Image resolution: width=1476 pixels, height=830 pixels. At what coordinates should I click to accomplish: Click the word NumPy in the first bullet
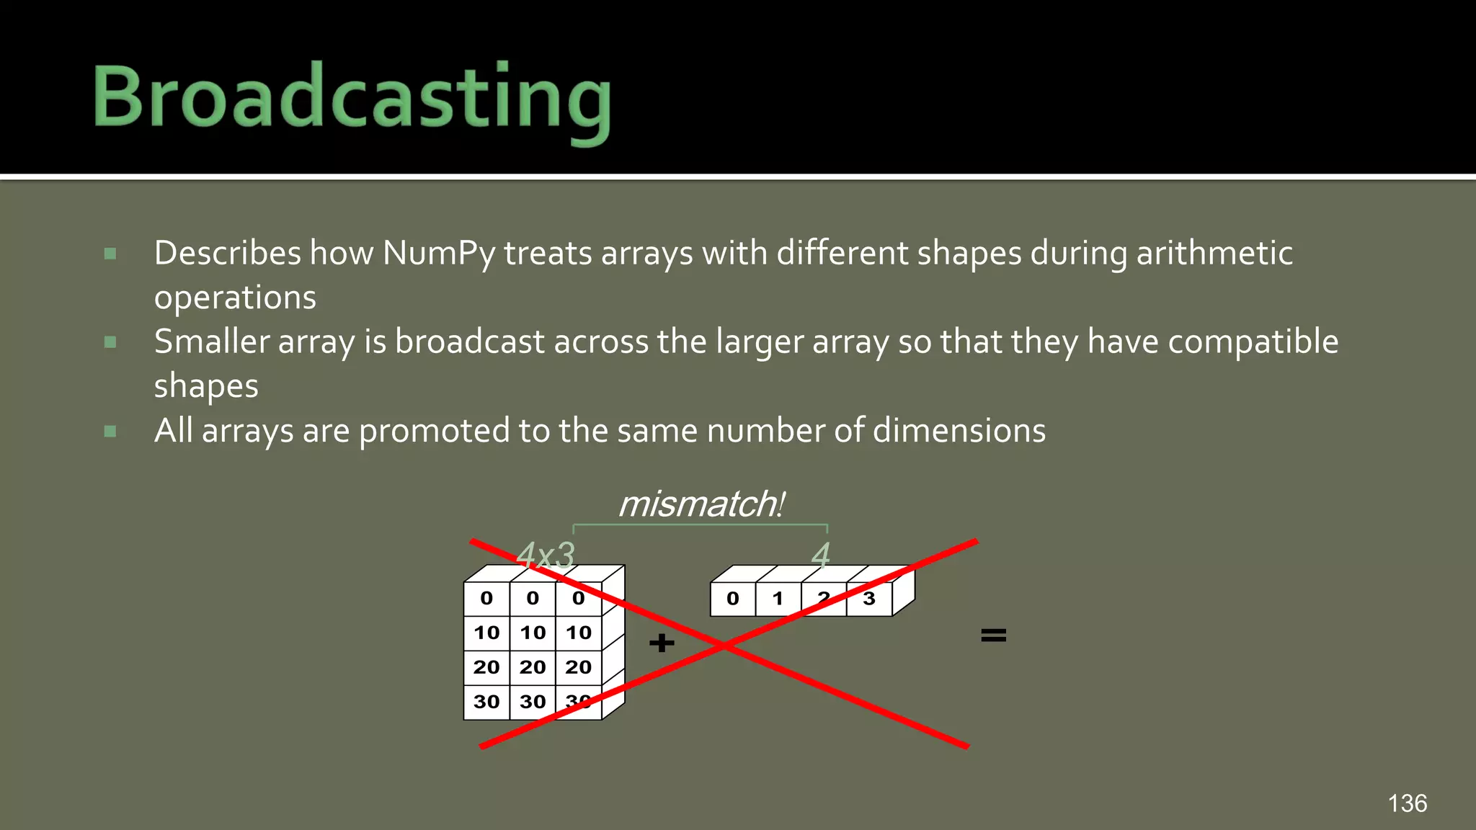[439, 254]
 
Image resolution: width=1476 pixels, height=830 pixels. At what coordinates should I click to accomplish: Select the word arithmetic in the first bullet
[1214, 254]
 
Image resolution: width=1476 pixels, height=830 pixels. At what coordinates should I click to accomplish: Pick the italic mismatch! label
[701, 504]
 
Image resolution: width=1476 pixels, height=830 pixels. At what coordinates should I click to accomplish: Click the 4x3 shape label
[546, 555]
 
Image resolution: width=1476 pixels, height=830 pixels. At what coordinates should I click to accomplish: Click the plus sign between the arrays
[662, 642]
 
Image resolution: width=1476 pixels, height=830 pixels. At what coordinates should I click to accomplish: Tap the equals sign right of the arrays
[993, 635]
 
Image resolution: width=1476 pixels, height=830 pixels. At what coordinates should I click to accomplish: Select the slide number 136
[1407, 803]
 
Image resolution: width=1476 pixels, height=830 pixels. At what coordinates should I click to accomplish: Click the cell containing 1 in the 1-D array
[778, 599]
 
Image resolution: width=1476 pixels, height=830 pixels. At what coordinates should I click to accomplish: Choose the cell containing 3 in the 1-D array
[869, 599]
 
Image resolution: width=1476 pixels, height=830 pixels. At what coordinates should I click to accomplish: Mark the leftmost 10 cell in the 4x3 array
[486, 633]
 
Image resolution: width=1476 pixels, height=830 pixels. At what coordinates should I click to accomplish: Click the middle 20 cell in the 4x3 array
[533, 667]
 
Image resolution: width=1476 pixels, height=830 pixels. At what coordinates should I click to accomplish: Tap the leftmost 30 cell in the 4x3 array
[486, 702]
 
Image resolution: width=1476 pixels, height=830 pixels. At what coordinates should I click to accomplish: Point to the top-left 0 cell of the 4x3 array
[486, 598]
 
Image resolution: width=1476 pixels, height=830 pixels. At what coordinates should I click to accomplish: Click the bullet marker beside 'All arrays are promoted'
[110, 432]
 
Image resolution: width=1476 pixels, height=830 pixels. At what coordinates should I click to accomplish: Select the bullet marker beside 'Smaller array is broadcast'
[110, 342]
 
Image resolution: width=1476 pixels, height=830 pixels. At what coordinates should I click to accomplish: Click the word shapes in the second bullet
[206, 386]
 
